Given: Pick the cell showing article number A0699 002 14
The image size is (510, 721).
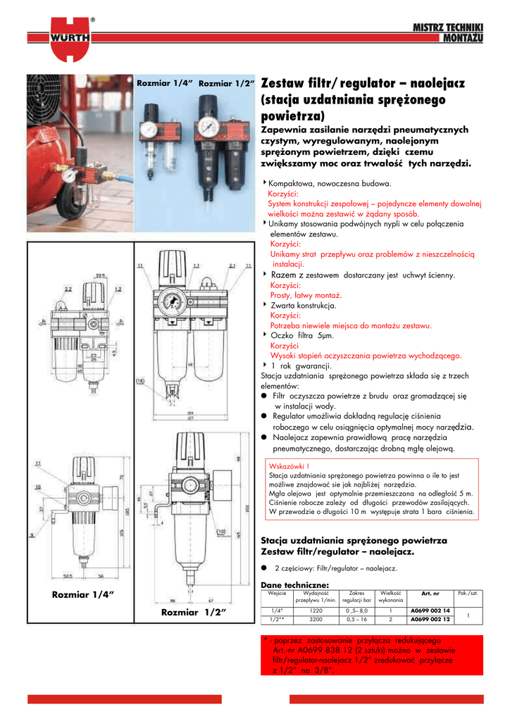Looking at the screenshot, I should point(430,610).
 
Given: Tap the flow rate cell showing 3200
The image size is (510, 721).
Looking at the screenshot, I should point(316,620).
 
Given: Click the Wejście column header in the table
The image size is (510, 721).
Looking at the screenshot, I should point(277,593).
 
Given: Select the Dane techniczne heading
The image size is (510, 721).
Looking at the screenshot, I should point(294,584).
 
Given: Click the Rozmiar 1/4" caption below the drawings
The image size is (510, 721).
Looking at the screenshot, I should point(83,595).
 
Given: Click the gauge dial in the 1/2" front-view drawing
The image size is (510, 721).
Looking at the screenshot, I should point(170,303).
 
